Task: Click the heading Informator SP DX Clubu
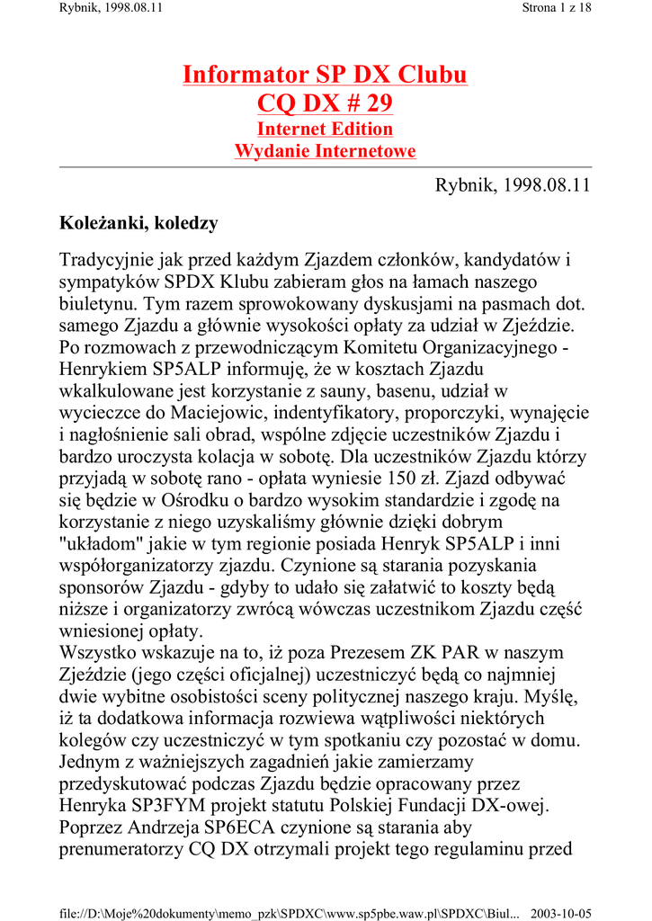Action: tap(325, 74)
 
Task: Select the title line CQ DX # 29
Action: tap(325, 104)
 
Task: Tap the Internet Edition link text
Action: tap(325, 129)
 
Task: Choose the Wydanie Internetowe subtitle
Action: tap(325, 151)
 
